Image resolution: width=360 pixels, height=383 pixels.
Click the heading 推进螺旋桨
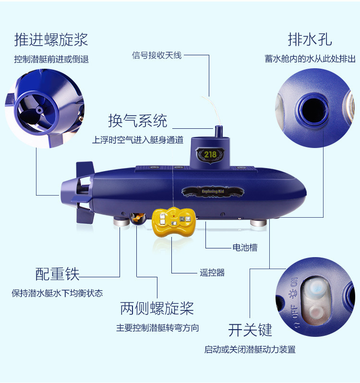tap(51, 39)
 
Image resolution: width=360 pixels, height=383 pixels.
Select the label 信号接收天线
tap(156, 55)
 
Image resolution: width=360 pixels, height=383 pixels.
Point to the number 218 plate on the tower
tap(210, 154)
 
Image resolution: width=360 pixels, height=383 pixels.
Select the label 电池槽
tap(245, 248)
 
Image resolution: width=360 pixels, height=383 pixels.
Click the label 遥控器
tap(212, 272)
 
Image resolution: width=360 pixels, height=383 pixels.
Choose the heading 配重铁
tap(57, 274)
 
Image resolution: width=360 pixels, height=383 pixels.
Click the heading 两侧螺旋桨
tap(157, 308)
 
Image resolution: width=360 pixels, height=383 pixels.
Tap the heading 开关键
tap(250, 330)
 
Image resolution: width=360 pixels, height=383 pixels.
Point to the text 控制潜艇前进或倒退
tap(51, 60)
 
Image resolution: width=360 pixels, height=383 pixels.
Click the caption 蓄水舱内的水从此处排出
tap(310, 59)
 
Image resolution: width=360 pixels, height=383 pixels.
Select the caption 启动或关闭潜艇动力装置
tap(250, 349)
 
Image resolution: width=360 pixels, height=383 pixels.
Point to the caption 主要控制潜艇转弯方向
tap(157, 328)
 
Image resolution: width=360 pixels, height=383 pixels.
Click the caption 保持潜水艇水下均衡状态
tap(57, 293)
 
